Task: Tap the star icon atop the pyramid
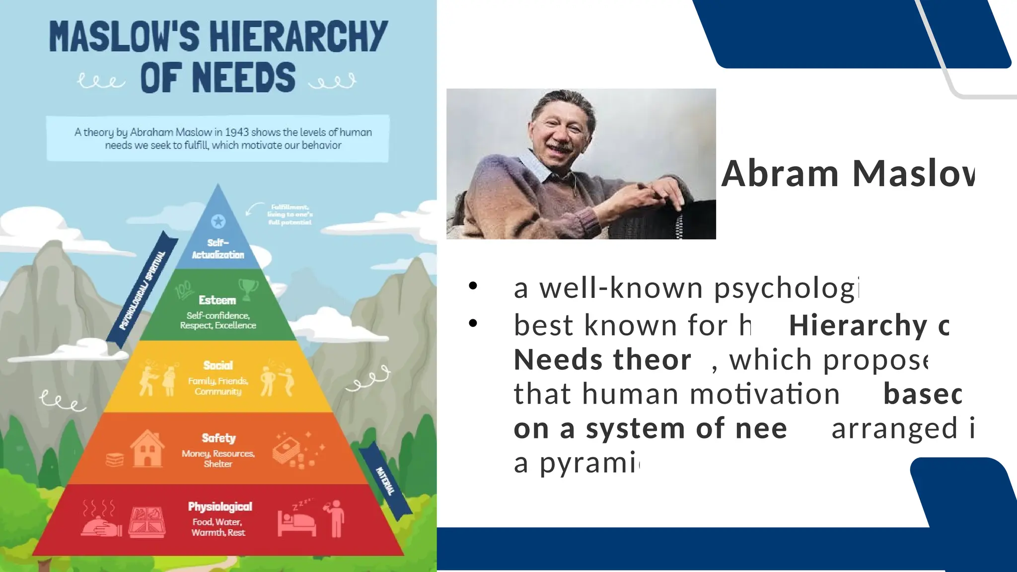(218, 221)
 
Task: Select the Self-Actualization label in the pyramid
(218, 249)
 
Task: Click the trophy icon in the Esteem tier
(248, 289)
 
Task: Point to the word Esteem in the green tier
(217, 300)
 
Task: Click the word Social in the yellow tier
(218, 365)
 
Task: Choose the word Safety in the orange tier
(218, 438)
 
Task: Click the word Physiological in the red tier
(220, 506)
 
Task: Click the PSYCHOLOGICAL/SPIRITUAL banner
(143, 291)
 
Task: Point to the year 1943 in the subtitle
(236, 133)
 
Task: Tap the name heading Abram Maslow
(848, 174)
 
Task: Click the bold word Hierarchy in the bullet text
(858, 326)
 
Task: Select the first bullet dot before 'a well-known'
(473, 286)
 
